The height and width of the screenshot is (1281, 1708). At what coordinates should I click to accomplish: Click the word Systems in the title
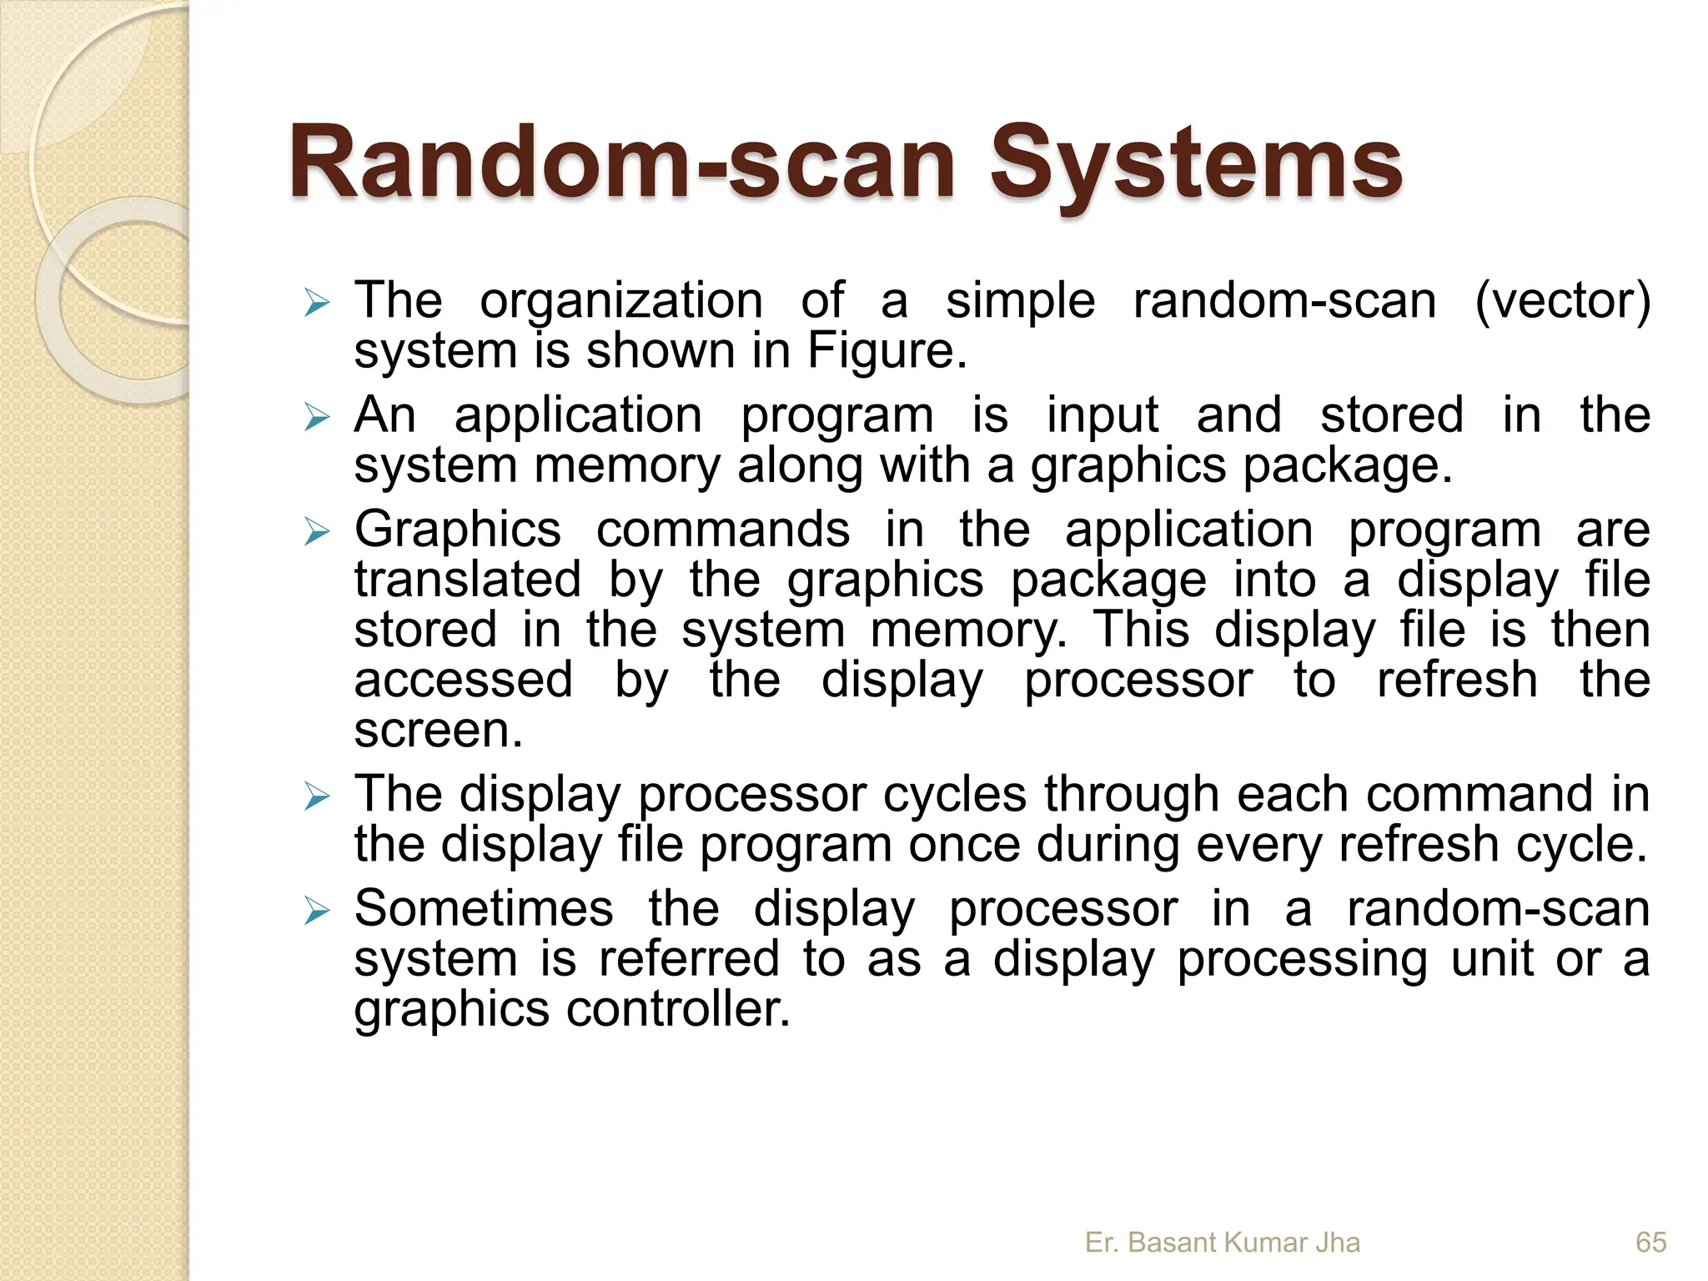click(1195, 164)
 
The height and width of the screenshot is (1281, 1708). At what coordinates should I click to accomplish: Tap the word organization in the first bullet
click(621, 301)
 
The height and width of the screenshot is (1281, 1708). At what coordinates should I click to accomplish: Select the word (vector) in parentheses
click(1562, 301)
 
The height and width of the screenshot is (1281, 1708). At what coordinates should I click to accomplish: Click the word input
click(1103, 415)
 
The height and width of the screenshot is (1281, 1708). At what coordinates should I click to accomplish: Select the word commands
click(723, 530)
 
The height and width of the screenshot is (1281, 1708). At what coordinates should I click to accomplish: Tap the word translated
click(468, 580)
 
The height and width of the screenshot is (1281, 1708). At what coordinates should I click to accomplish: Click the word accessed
click(464, 680)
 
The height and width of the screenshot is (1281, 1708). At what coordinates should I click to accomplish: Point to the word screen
click(438, 731)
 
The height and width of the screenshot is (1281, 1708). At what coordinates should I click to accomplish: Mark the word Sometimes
click(484, 908)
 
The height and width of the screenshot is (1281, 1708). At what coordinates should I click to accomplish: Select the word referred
click(689, 959)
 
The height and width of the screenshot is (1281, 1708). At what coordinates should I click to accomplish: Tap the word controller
click(677, 1009)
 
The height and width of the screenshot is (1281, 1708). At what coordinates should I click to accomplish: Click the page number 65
click(1650, 1243)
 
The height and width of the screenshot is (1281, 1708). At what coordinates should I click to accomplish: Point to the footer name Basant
click(1175, 1243)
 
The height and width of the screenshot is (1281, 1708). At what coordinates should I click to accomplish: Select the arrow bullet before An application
click(317, 417)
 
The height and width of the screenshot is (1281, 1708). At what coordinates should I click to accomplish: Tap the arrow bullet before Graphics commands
click(317, 531)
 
